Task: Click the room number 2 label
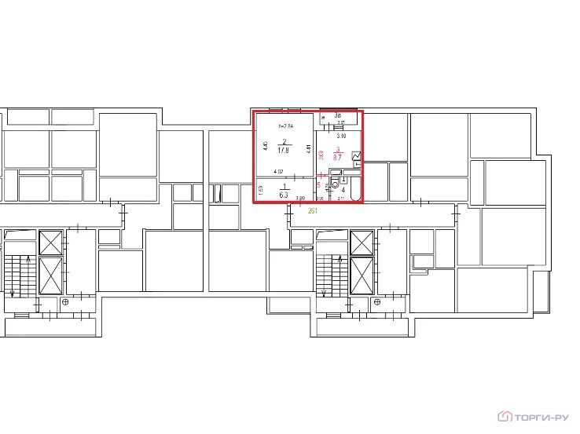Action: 284,141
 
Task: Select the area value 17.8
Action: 284,150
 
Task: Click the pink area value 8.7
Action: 337,158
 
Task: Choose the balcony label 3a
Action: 337,115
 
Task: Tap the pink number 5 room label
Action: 319,184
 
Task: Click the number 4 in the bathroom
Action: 343,189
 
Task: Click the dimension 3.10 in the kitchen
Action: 340,136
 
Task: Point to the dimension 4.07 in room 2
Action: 277,172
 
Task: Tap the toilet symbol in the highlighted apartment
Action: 335,185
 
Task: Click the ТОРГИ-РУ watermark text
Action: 544,417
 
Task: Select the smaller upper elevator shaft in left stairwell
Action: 50,242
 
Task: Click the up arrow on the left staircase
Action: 29,262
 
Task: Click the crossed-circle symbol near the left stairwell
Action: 66,301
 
